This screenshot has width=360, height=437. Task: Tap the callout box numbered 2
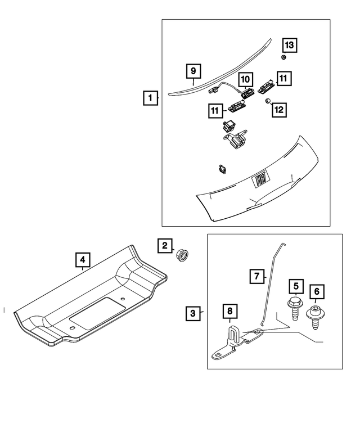[164, 245]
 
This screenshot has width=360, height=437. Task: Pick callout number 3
[193, 313]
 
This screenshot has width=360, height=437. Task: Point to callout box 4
[82, 259]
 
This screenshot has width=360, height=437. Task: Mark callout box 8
[229, 310]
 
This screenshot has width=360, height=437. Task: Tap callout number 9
[192, 71]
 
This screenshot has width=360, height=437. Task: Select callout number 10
[245, 80]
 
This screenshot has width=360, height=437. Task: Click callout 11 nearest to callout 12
[284, 78]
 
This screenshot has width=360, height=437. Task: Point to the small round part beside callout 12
[268, 101]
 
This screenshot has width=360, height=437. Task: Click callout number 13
[288, 44]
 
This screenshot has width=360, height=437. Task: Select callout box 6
[316, 291]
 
